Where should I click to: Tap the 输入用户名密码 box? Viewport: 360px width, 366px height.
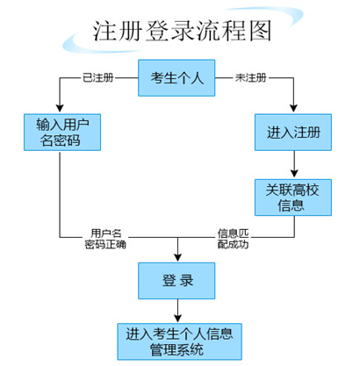(59, 132)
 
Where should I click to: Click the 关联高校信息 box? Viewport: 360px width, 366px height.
(293, 197)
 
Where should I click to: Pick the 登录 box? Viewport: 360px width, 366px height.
(176, 280)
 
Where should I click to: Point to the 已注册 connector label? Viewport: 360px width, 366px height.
(97, 79)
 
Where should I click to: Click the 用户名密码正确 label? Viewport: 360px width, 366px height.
(104, 240)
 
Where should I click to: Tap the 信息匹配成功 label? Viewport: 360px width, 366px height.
(234, 240)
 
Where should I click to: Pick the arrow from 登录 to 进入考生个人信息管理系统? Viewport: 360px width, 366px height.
(176, 310)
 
